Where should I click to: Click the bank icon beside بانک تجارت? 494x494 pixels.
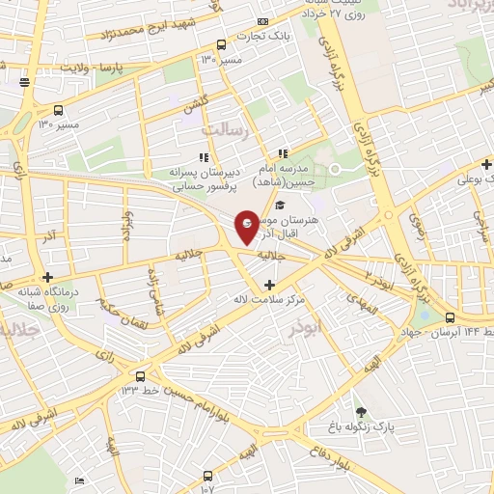[x=262, y=22]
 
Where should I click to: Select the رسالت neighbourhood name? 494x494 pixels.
[x=224, y=127]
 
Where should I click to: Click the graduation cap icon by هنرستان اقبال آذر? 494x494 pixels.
[x=280, y=206]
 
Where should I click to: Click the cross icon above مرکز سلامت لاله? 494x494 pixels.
[x=269, y=285]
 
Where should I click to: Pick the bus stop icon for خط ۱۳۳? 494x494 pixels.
[x=142, y=375]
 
